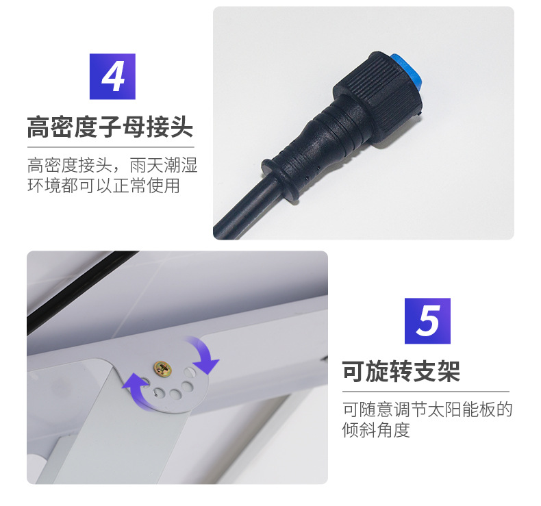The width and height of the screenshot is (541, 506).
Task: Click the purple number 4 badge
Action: click(112, 77)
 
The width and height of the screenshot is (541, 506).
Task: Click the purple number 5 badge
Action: click(427, 320)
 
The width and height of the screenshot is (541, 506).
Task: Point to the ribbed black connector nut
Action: click(378, 84)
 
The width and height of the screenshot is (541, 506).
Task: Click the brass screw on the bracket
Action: click(164, 368)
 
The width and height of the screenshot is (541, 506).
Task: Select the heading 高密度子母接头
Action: click(110, 127)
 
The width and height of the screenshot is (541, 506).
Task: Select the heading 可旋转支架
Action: click(401, 372)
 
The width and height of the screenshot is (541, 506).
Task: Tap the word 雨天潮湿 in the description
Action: click(164, 165)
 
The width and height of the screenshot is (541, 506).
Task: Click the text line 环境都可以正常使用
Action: click(103, 186)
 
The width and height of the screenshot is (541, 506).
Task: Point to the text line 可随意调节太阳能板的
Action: click(427, 409)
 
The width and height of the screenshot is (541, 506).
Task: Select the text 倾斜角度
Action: click(376, 430)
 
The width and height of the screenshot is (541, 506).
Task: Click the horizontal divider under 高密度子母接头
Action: click(111, 147)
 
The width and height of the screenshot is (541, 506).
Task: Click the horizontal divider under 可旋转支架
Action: click(426, 392)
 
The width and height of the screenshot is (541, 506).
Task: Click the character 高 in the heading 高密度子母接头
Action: click(38, 127)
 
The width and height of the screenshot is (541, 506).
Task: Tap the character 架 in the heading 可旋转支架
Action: click(449, 372)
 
